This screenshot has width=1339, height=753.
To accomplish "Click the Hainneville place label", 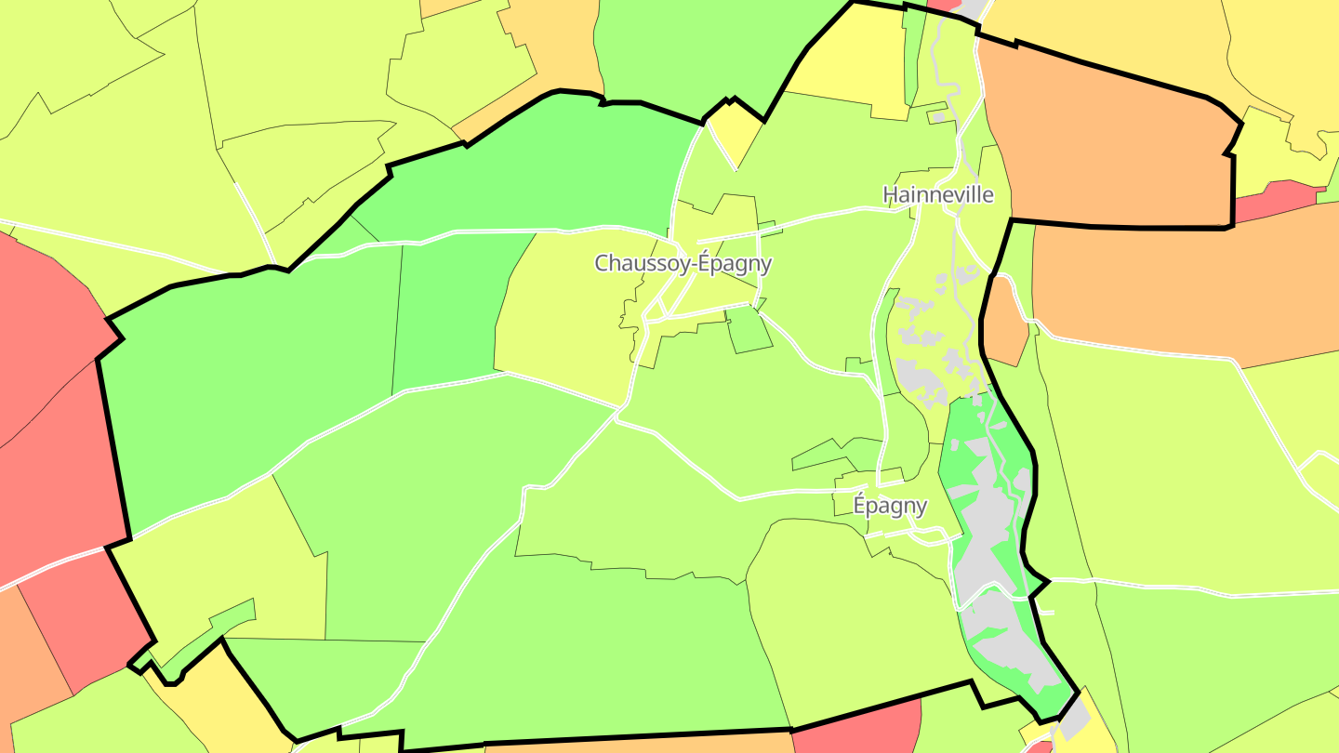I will point(937,195).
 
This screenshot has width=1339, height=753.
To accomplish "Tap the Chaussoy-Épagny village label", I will point(683,263).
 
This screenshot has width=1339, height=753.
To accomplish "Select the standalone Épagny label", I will point(890,506).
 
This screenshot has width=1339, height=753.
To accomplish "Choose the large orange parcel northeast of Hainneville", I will point(1107,139).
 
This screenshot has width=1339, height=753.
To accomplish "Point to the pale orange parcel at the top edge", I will point(549,56).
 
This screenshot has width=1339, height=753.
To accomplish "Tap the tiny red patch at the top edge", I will point(944,5).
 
